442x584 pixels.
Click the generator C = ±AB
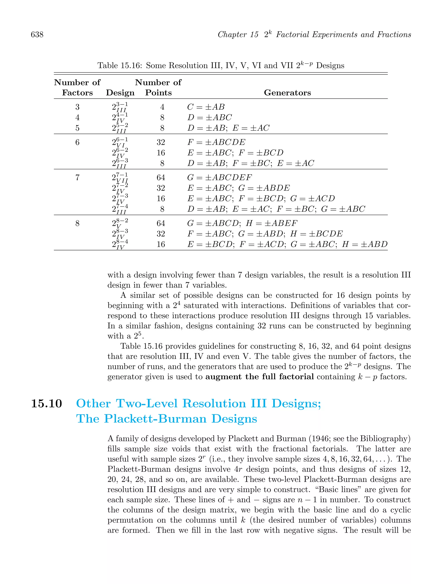coord(206,107)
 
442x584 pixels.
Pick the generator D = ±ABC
coord(209,117)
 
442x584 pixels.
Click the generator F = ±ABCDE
coord(216,142)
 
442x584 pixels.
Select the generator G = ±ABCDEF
coord(219,177)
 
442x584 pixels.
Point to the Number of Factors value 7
coord(77,177)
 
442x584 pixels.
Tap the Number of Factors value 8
coord(77,223)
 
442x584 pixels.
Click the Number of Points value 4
coord(162,107)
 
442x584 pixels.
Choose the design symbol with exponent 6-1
coord(120,142)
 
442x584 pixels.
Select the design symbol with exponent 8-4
coord(120,244)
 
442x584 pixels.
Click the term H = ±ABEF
coord(272,223)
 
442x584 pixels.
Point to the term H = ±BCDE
coord(316,234)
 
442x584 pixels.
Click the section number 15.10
coord(46,403)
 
